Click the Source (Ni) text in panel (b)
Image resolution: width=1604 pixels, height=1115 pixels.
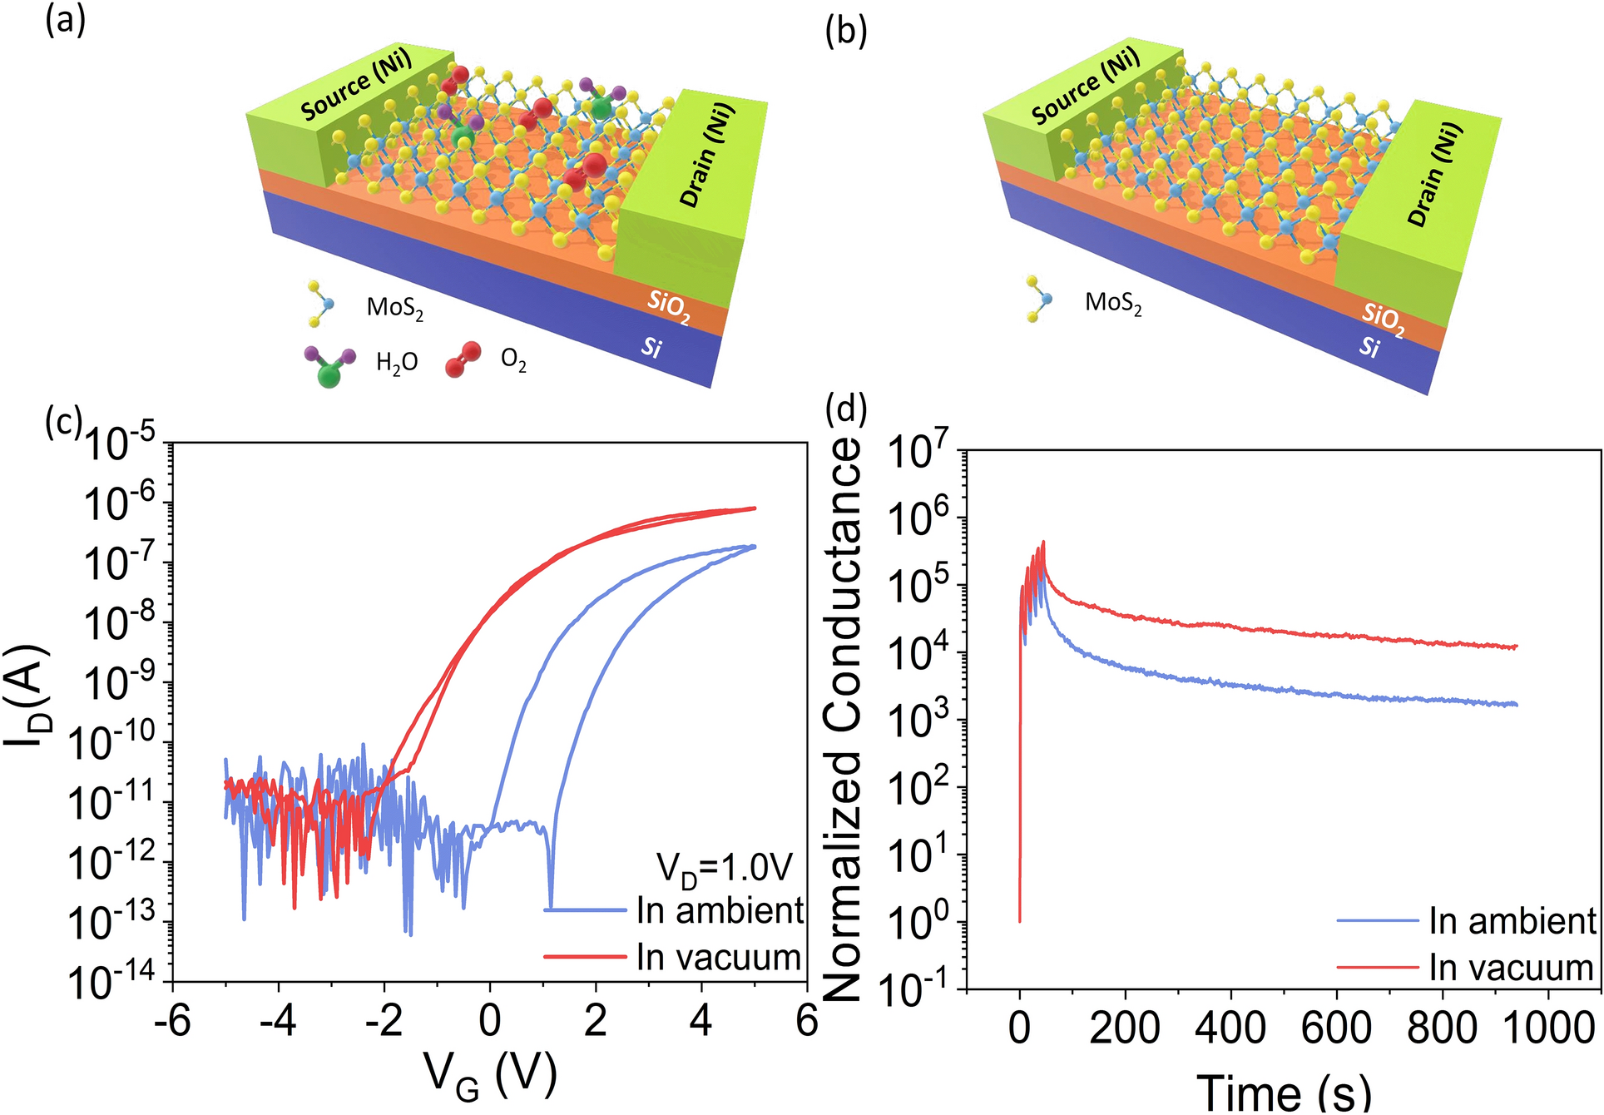tap(1085, 87)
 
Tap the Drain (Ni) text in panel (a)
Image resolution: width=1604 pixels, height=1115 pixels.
tap(707, 155)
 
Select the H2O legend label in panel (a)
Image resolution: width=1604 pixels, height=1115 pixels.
tap(397, 363)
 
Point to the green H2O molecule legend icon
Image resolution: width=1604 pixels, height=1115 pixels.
tap(329, 366)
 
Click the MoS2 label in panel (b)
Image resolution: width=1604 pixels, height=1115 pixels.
tap(1113, 303)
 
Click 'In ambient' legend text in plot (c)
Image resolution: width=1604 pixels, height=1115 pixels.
tap(720, 911)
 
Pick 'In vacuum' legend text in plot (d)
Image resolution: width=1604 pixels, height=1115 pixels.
tap(1511, 969)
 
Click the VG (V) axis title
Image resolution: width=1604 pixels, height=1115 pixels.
tap(490, 1076)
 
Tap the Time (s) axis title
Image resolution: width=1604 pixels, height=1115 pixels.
tap(1284, 1091)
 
